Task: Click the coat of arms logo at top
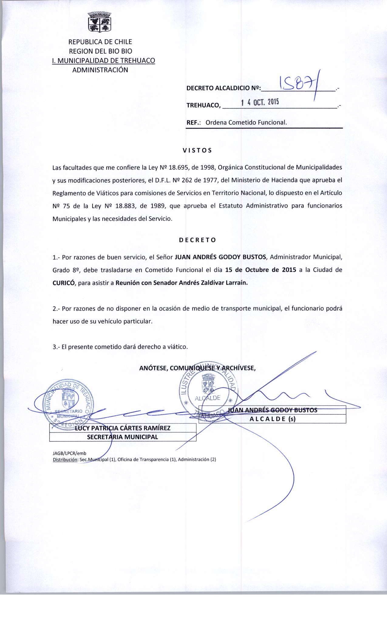click(x=100, y=22)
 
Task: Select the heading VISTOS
click(x=197, y=150)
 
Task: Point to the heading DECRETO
click(x=197, y=240)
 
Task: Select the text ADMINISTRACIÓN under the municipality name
click(x=100, y=70)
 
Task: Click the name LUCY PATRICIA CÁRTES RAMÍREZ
click(x=123, y=428)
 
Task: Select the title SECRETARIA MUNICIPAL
click(x=123, y=437)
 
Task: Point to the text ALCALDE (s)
click(x=272, y=419)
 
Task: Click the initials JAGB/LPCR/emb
click(x=70, y=453)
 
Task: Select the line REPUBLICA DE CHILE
click(x=100, y=42)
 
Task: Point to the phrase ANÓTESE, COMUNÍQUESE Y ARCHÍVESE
click(x=197, y=368)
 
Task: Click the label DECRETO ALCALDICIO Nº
click(x=223, y=88)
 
